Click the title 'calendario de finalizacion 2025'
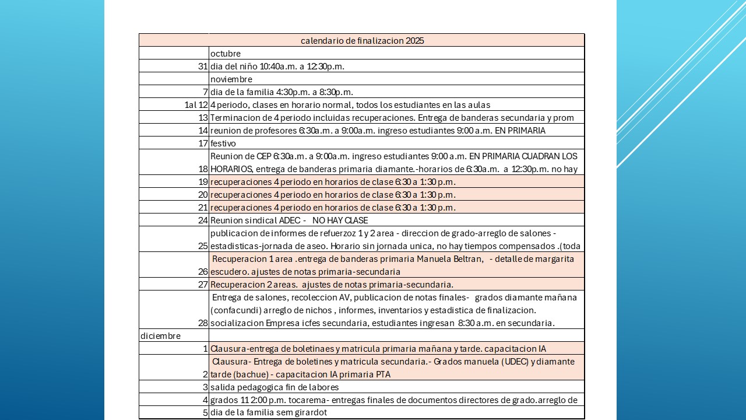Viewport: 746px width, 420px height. tap(362, 41)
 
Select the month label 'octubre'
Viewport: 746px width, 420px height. tap(226, 54)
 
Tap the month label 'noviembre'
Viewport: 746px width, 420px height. tap(231, 79)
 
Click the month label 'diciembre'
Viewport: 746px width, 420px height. tap(161, 336)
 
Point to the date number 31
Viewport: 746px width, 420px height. tap(203, 66)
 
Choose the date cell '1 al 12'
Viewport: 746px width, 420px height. tap(196, 105)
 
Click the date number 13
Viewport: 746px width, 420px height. tap(203, 118)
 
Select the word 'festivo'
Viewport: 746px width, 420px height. tap(223, 143)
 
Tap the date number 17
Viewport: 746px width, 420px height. tap(203, 143)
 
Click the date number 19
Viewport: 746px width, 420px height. tap(203, 182)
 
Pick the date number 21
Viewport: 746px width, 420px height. tap(203, 208)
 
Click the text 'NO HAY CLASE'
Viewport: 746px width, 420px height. tap(340, 220)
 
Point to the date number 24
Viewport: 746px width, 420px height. tap(203, 220)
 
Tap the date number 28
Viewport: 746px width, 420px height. tap(203, 323)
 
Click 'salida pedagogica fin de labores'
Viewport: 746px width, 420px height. tap(275, 387)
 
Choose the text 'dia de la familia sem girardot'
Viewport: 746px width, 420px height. tap(269, 413)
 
